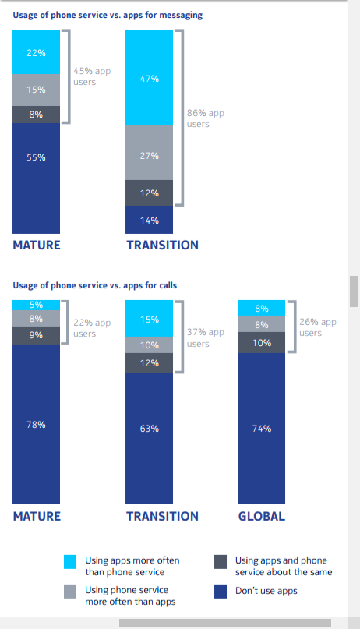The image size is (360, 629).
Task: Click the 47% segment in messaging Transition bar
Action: click(x=149, y=77)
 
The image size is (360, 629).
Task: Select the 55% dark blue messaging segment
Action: click(x=36, y=178)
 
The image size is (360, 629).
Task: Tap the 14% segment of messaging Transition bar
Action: click(x=149, y=220)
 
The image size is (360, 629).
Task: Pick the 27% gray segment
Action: click(x=149, y=153)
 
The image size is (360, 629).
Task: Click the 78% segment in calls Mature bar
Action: click(x=36, y=424)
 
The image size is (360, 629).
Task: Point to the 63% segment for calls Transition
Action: click(x=149, y=439)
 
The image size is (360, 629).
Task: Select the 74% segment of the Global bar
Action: click(x=261, y=429)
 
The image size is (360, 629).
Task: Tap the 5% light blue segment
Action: click(x=36, y=305)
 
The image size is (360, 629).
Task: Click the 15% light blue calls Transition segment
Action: click(x=149, y=319)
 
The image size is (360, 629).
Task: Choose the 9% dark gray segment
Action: click(x=36, y=335)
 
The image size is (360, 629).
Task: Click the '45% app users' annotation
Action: click(x=92, y=76)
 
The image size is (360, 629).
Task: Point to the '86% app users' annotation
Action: click(x=205, y=118)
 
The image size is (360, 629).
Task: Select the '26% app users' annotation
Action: click(x=318, y=327)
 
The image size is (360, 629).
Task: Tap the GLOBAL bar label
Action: click(x=262, y=516)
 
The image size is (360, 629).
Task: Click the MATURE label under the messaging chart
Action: click(x=37, y=245)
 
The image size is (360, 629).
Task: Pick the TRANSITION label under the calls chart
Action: click(x=162, y=516)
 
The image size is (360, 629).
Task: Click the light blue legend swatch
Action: click(x=70, y=562)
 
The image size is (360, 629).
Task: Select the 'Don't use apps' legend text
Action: click(x=266, y=591)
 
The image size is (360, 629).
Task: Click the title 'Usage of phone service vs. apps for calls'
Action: click(x=95, y=285)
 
